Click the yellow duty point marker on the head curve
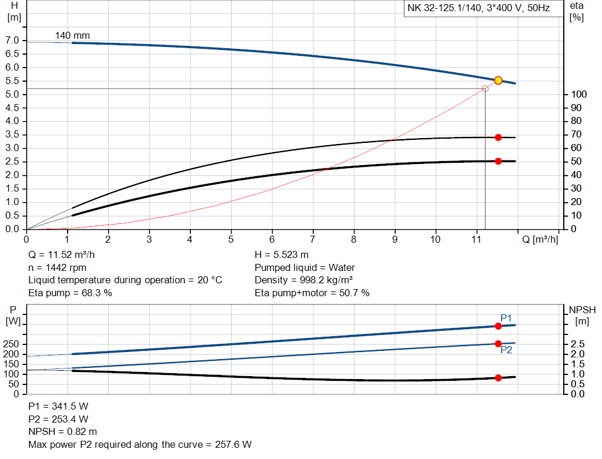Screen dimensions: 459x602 [498, 81]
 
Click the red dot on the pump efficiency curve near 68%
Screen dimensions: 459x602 [498, 137]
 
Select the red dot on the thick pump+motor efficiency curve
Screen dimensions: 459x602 [498, 161]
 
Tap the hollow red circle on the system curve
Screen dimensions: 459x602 [485, 89]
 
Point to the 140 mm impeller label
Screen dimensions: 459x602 [72, 35]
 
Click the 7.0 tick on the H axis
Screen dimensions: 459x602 [12, 41]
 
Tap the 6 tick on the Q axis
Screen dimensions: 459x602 [272, 239]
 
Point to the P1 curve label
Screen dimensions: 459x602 [506, 318]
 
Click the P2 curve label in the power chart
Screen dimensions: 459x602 [506, 350]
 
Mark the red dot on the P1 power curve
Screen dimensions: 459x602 [498, 326]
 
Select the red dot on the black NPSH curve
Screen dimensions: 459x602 [498, 378]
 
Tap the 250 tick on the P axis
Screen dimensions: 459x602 [12, 344]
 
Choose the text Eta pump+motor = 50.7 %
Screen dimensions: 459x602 [312, 293]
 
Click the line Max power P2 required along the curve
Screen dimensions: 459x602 [140, 445]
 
